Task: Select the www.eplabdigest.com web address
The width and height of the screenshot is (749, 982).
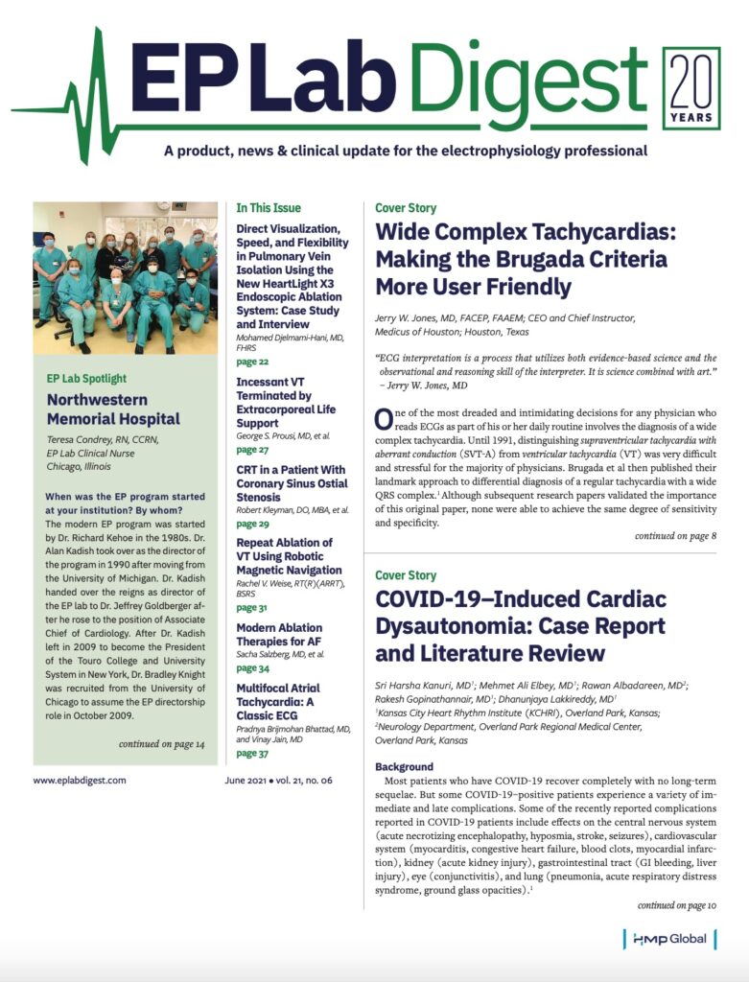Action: click(80, 780)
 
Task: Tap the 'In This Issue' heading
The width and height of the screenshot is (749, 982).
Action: click(269, 207)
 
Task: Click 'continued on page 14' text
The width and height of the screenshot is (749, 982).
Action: click(161, 744)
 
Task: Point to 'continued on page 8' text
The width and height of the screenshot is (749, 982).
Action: click(675, 536)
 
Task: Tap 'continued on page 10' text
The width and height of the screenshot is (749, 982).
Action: click(676, 904)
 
